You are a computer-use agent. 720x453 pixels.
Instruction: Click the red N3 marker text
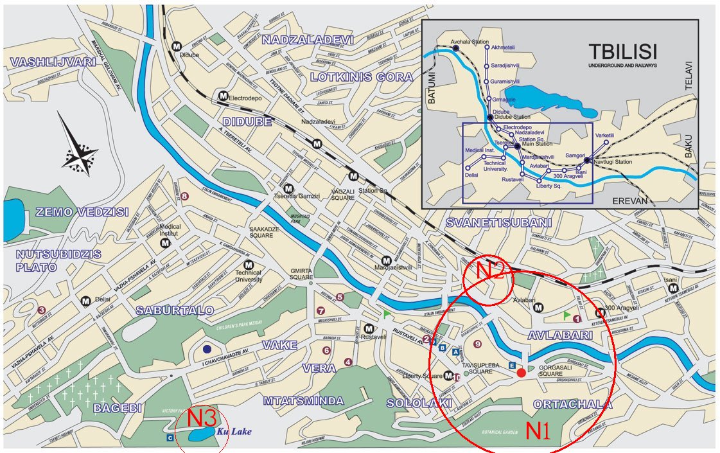[x=200, y=418]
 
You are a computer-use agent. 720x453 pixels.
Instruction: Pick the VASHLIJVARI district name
[x=53, y=62]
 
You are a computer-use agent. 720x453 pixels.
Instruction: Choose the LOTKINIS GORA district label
[x=361, y=77]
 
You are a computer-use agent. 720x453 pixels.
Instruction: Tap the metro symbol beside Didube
[x=177, y=46]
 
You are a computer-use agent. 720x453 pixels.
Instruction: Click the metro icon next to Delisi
[x=85, y=301]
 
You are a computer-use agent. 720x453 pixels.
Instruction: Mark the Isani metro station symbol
[x=672, y=289]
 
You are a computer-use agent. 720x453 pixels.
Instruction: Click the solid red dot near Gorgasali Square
[x=521, y=373]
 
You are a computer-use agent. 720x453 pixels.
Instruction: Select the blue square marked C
[x=170, y=438]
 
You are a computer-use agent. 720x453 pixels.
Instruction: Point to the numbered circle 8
[x=185, y=197]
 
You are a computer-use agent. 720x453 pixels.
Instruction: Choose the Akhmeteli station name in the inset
[x=503, y=48]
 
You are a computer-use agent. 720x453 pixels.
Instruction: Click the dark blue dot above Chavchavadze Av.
[x=207, y=349]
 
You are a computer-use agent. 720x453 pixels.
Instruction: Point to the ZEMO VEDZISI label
[x=73, y=212]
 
